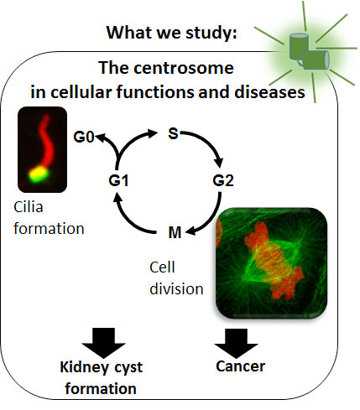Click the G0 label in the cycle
(83, 137)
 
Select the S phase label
(174, 133)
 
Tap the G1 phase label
(119, 180)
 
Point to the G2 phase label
(223, 180)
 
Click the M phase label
(175, 232)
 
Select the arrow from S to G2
(208, 142)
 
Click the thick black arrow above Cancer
(236, 343)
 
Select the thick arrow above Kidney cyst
(103, 343)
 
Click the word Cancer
(240, 366)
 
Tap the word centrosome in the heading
(184, 68)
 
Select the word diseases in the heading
(269, 92)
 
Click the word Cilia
(29, 207)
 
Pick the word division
(176, 288)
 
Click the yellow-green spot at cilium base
(39, 174)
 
